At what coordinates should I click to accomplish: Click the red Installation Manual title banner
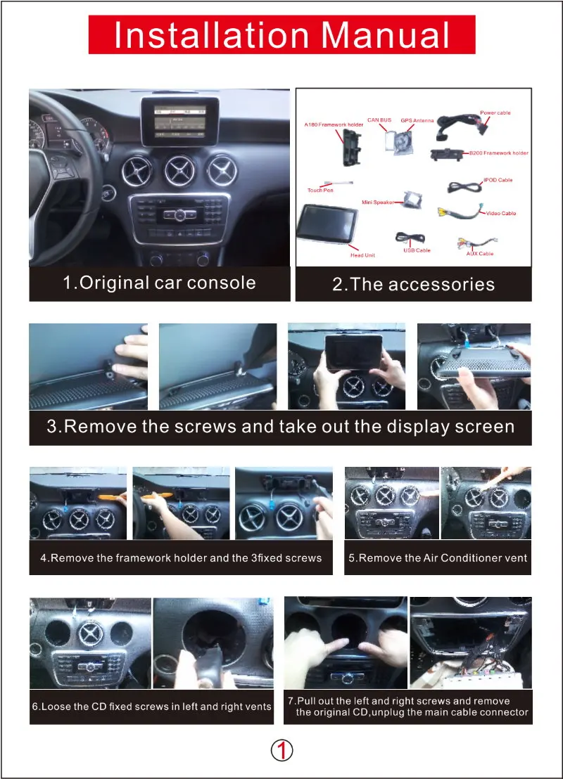(281, 35)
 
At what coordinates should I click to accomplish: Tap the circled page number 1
(281, 751)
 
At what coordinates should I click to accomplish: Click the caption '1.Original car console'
(159, 283)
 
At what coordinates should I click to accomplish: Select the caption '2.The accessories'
(413, 284)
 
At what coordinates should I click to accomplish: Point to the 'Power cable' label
(495, 112)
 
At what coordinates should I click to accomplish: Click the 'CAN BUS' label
(379, 120)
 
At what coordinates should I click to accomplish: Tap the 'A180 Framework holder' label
(334, 124)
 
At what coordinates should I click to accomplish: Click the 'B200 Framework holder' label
(499, 153)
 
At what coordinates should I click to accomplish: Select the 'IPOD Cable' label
(498, 180)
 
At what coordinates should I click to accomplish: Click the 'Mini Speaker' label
(378, 202)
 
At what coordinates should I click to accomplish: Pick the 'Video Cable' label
(501, 213)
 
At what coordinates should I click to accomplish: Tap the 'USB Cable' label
(417, 250)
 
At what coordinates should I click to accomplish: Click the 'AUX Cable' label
(480, 253)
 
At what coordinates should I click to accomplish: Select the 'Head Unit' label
(362, 255)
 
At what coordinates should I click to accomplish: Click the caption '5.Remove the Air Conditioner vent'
(438, 558)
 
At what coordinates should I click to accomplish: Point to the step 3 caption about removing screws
(280, 427)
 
